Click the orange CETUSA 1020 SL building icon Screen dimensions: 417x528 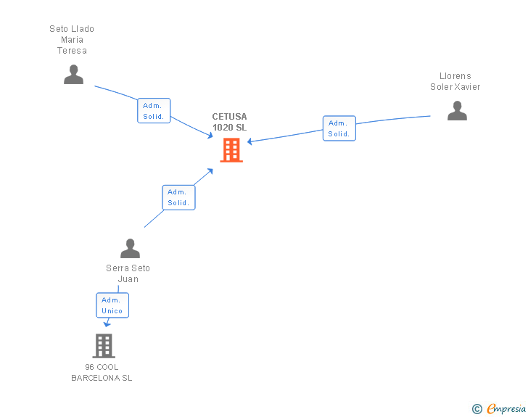click(x=231, y=150)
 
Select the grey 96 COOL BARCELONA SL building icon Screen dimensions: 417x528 click(x=104, y=346)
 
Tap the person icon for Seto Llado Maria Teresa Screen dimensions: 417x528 click(x=73, y=75)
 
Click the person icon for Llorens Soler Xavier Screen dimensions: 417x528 click(x=457, y=110)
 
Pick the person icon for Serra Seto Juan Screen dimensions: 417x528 click(x=130, y=249)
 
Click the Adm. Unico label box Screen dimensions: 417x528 click(x=112, y=305)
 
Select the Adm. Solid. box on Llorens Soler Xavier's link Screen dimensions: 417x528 click(x=339, y=128)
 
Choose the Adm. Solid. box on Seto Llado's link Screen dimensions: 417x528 click(x=154, y=111)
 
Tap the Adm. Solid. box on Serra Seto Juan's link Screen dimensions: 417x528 click(x=178, y=197)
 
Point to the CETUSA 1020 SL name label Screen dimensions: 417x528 click(x=229, y=122)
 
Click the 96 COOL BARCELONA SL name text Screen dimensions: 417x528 click(x=102, y=373)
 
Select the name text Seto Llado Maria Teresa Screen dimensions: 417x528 click(x=72, y=40)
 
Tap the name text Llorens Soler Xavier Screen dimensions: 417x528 click(x=455, y=81)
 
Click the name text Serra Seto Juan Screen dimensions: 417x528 click(x=128, y=273)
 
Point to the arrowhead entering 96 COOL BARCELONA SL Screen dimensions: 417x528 click(x=107, y=324)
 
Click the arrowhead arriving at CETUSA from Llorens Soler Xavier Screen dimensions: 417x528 click(x=250, y=141)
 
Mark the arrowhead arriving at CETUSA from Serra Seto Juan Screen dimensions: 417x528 click(x=210, y=171)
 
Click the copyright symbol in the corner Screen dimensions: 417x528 click(x=477, y=409)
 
